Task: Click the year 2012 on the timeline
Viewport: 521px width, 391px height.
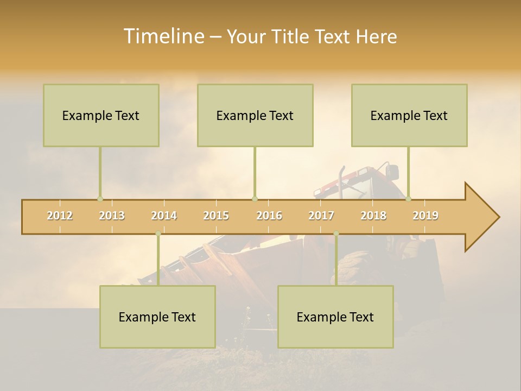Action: [60, 216]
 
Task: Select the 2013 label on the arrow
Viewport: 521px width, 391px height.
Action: [112, 216]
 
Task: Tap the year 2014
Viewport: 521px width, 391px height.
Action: [164, 216]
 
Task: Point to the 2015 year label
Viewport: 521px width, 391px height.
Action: [216, 216]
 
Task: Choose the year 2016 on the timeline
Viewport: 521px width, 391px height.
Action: [269, 216]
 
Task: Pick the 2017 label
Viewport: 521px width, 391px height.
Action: [321, 216]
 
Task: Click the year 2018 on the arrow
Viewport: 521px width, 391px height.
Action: [373, 216]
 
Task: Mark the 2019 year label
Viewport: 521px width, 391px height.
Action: [425, 216]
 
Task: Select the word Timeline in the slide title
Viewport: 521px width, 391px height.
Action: [163, 36]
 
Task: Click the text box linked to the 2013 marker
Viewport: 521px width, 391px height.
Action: [101, 115]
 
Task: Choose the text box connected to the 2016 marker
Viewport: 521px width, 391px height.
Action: [255, 115]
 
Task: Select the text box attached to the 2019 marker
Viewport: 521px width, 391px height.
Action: [409, 115]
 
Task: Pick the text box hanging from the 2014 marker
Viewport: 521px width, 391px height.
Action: [157, 317]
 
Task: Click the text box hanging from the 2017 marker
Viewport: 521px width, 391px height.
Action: [335, 317]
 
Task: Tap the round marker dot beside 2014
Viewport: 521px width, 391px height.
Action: [158, 234]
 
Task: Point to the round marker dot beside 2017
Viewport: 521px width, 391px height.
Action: [336, 234]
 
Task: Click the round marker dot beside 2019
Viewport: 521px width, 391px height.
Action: [409, 199]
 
